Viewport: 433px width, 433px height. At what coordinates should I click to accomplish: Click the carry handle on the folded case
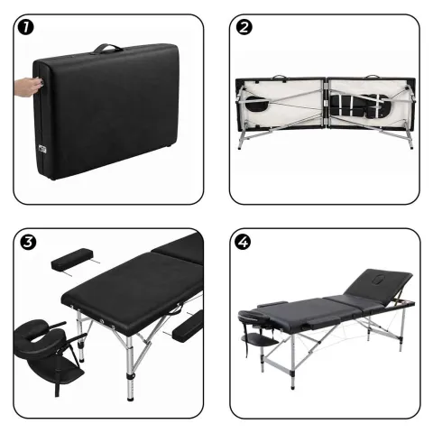pyautogui.click(x=112, y=46)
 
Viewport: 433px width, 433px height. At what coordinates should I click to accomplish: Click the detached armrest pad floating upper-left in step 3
pyautogui.click(x=70, y=261)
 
